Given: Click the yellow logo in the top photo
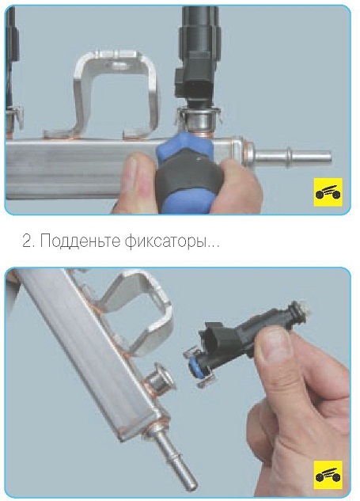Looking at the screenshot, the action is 328,192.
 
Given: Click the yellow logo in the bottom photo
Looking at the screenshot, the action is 328,475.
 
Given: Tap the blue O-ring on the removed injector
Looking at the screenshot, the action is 194,365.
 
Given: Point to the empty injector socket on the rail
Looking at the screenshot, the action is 161,381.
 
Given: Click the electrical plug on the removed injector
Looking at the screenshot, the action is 214,333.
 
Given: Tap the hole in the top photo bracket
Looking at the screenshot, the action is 118,66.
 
